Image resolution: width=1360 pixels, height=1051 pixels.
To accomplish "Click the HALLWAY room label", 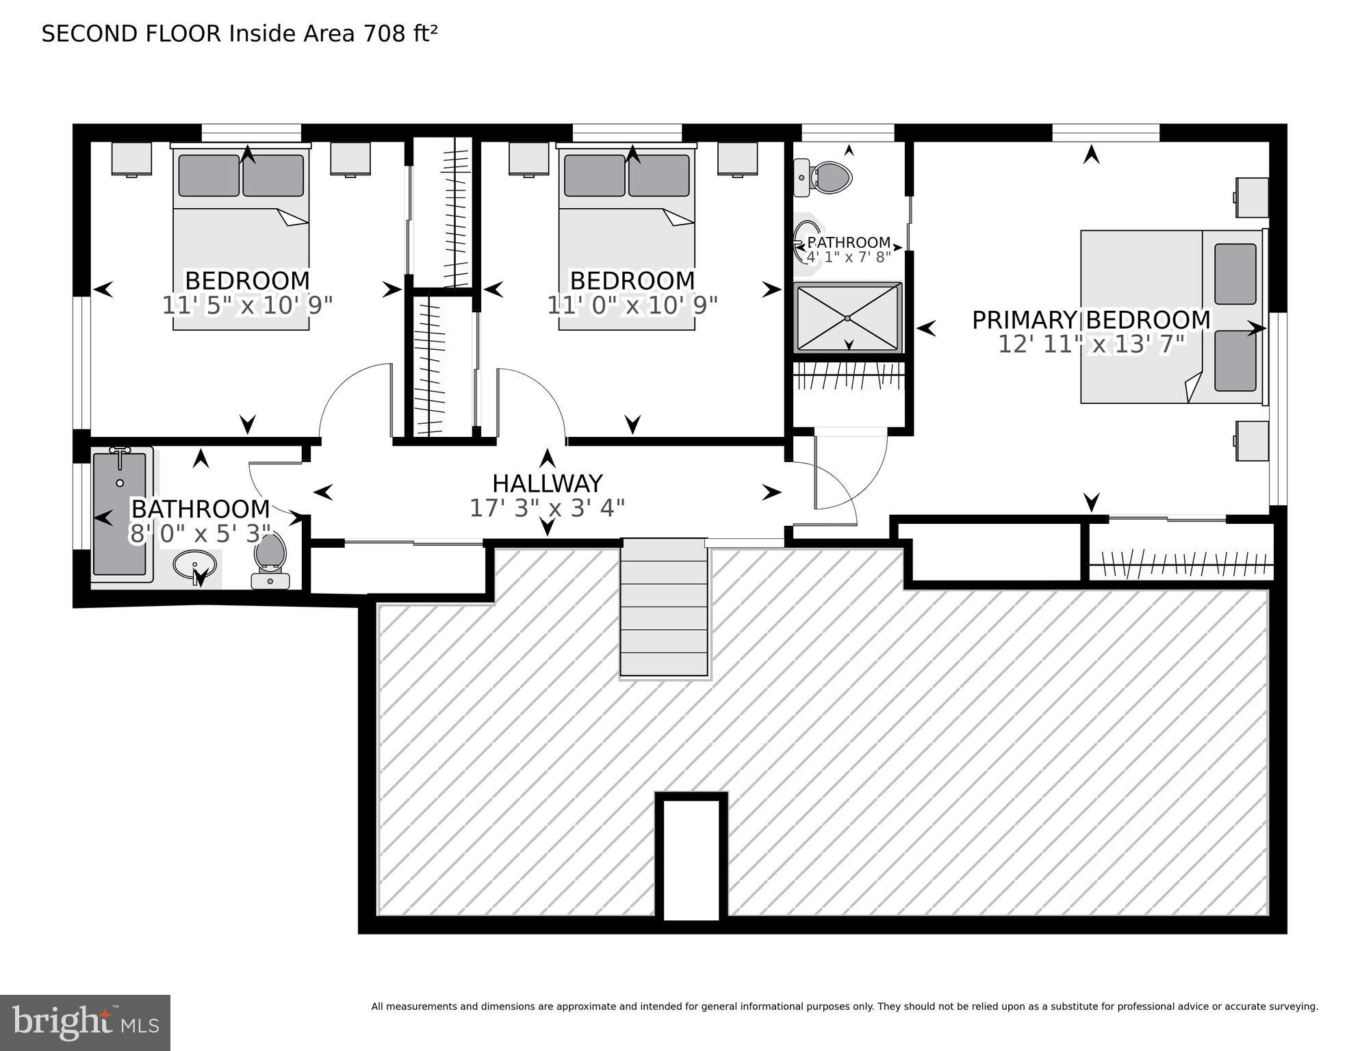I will (547, 484).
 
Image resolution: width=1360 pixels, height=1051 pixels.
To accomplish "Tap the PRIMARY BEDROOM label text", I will (1091, 320).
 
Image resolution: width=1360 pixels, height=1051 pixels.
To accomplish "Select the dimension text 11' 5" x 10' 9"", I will (247, 305).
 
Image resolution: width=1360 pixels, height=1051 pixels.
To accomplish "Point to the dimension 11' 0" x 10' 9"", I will (632, 305).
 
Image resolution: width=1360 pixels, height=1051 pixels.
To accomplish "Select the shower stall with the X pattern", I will (847, 318).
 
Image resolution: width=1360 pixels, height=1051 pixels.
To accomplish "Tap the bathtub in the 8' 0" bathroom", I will (120, 514).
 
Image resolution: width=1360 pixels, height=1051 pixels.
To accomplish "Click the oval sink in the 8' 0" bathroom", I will (195, 566).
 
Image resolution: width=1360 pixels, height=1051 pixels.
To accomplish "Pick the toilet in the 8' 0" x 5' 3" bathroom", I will (270, 558).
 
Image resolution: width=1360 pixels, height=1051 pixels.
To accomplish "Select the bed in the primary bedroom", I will (1170, 316).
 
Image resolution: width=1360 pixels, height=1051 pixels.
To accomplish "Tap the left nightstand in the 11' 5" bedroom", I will (131, 159).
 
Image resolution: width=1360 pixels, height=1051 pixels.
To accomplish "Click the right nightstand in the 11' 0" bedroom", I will (737, 159).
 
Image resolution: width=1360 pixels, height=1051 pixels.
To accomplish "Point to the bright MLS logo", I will (85, 1023).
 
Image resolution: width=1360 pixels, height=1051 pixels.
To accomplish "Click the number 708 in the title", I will (385, 34).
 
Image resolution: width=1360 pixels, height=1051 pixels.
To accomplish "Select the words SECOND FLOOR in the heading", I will (131, 34).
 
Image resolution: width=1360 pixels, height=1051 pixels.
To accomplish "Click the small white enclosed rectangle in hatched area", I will (691, 859).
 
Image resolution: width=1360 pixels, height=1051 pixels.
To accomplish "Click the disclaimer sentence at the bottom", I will (844, 1006).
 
